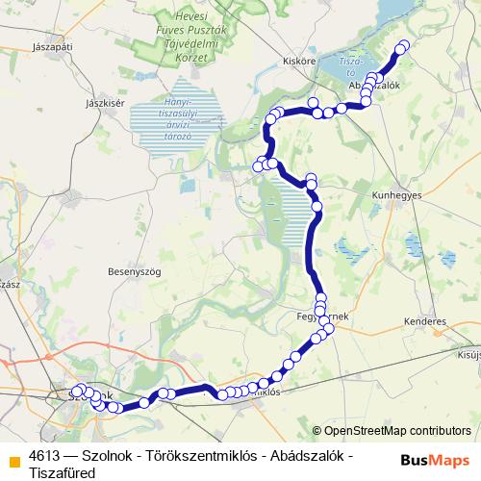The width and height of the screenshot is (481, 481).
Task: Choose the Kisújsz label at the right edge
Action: (468, 354)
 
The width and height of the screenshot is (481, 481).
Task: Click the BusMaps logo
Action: (435, 459)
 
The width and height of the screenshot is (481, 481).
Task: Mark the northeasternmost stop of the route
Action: (402, 46)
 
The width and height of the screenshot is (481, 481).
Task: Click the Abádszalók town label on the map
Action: (377, 85)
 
